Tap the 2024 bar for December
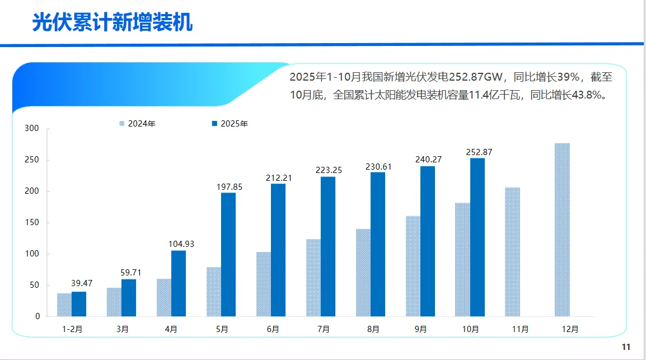pyautogui.click(x=562, y=230)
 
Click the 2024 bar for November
pyautogui.click(x=512, y=252)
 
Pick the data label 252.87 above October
pyautogui.click(x=479, y=152)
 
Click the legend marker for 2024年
pyautogui.click(x=121, y=124)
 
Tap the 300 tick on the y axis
pyautogui.click(x=32, y=129)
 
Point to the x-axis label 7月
pyautogui.click(x=323, y=329)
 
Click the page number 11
pyautogui.click(x=626, y=346)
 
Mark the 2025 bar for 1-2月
pyautogui.click(x=79, y=304)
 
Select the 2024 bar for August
pyautogui.click(x=363, y=273)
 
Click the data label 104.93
pyautogui.click(x=181, y=244)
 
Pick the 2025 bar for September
pyautogui.click(x=428, y=241)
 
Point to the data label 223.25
pyautogui.click(x=329, y=170)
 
